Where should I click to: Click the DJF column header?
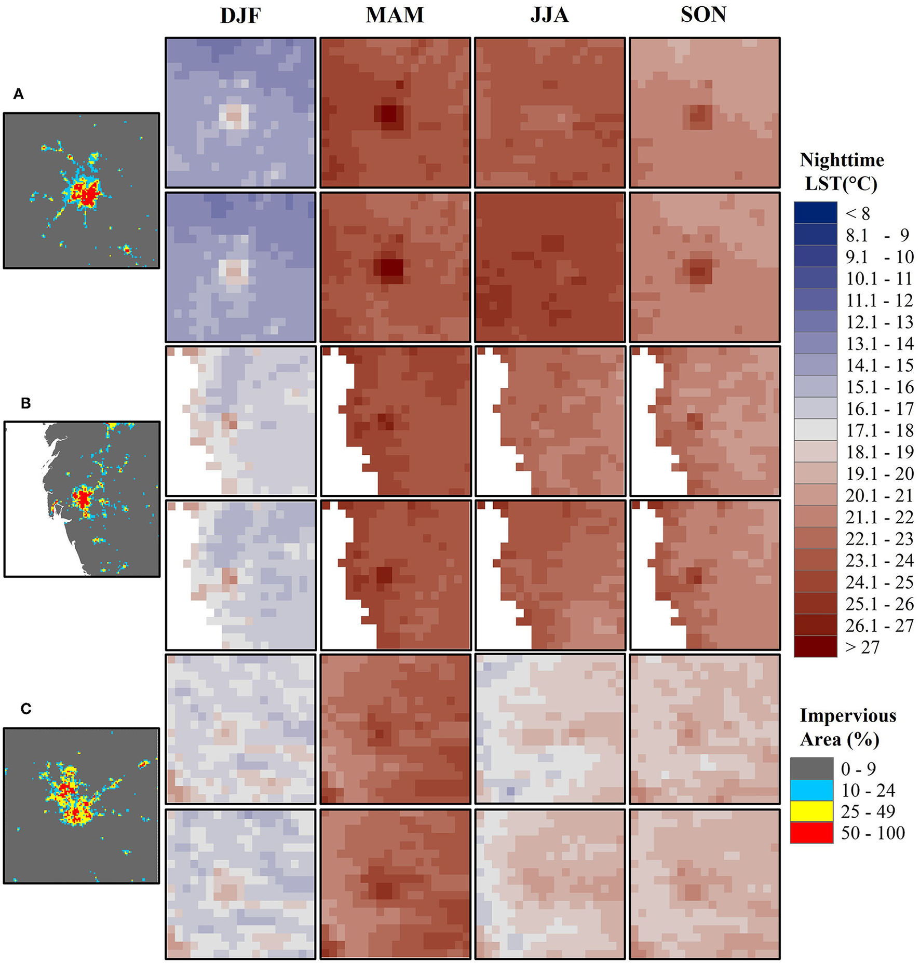click(x=240, y=16)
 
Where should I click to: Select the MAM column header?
click(x=395, y=15)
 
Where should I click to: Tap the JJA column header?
click(x=549, y=15)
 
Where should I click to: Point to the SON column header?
click(x=703, y=15)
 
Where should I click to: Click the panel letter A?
click(x=19, y=94)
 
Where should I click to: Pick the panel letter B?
click(x=25, y=403)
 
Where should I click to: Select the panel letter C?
click(x=25, y=709)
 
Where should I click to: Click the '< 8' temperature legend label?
click(x=857, y=213)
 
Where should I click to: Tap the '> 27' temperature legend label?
click(x=862, y=647)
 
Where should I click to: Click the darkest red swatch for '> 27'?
click(x=815, y=647)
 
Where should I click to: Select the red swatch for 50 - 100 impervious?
click(x=811, y=833)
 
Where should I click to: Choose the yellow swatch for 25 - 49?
click(x=811, y=811)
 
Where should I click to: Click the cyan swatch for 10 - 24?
click(x=811, y=790)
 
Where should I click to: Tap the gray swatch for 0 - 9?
click(x=811, y=768)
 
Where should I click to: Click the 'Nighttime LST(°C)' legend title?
click(x=841, y=172)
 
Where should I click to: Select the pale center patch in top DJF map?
click(x=234, y=116)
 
